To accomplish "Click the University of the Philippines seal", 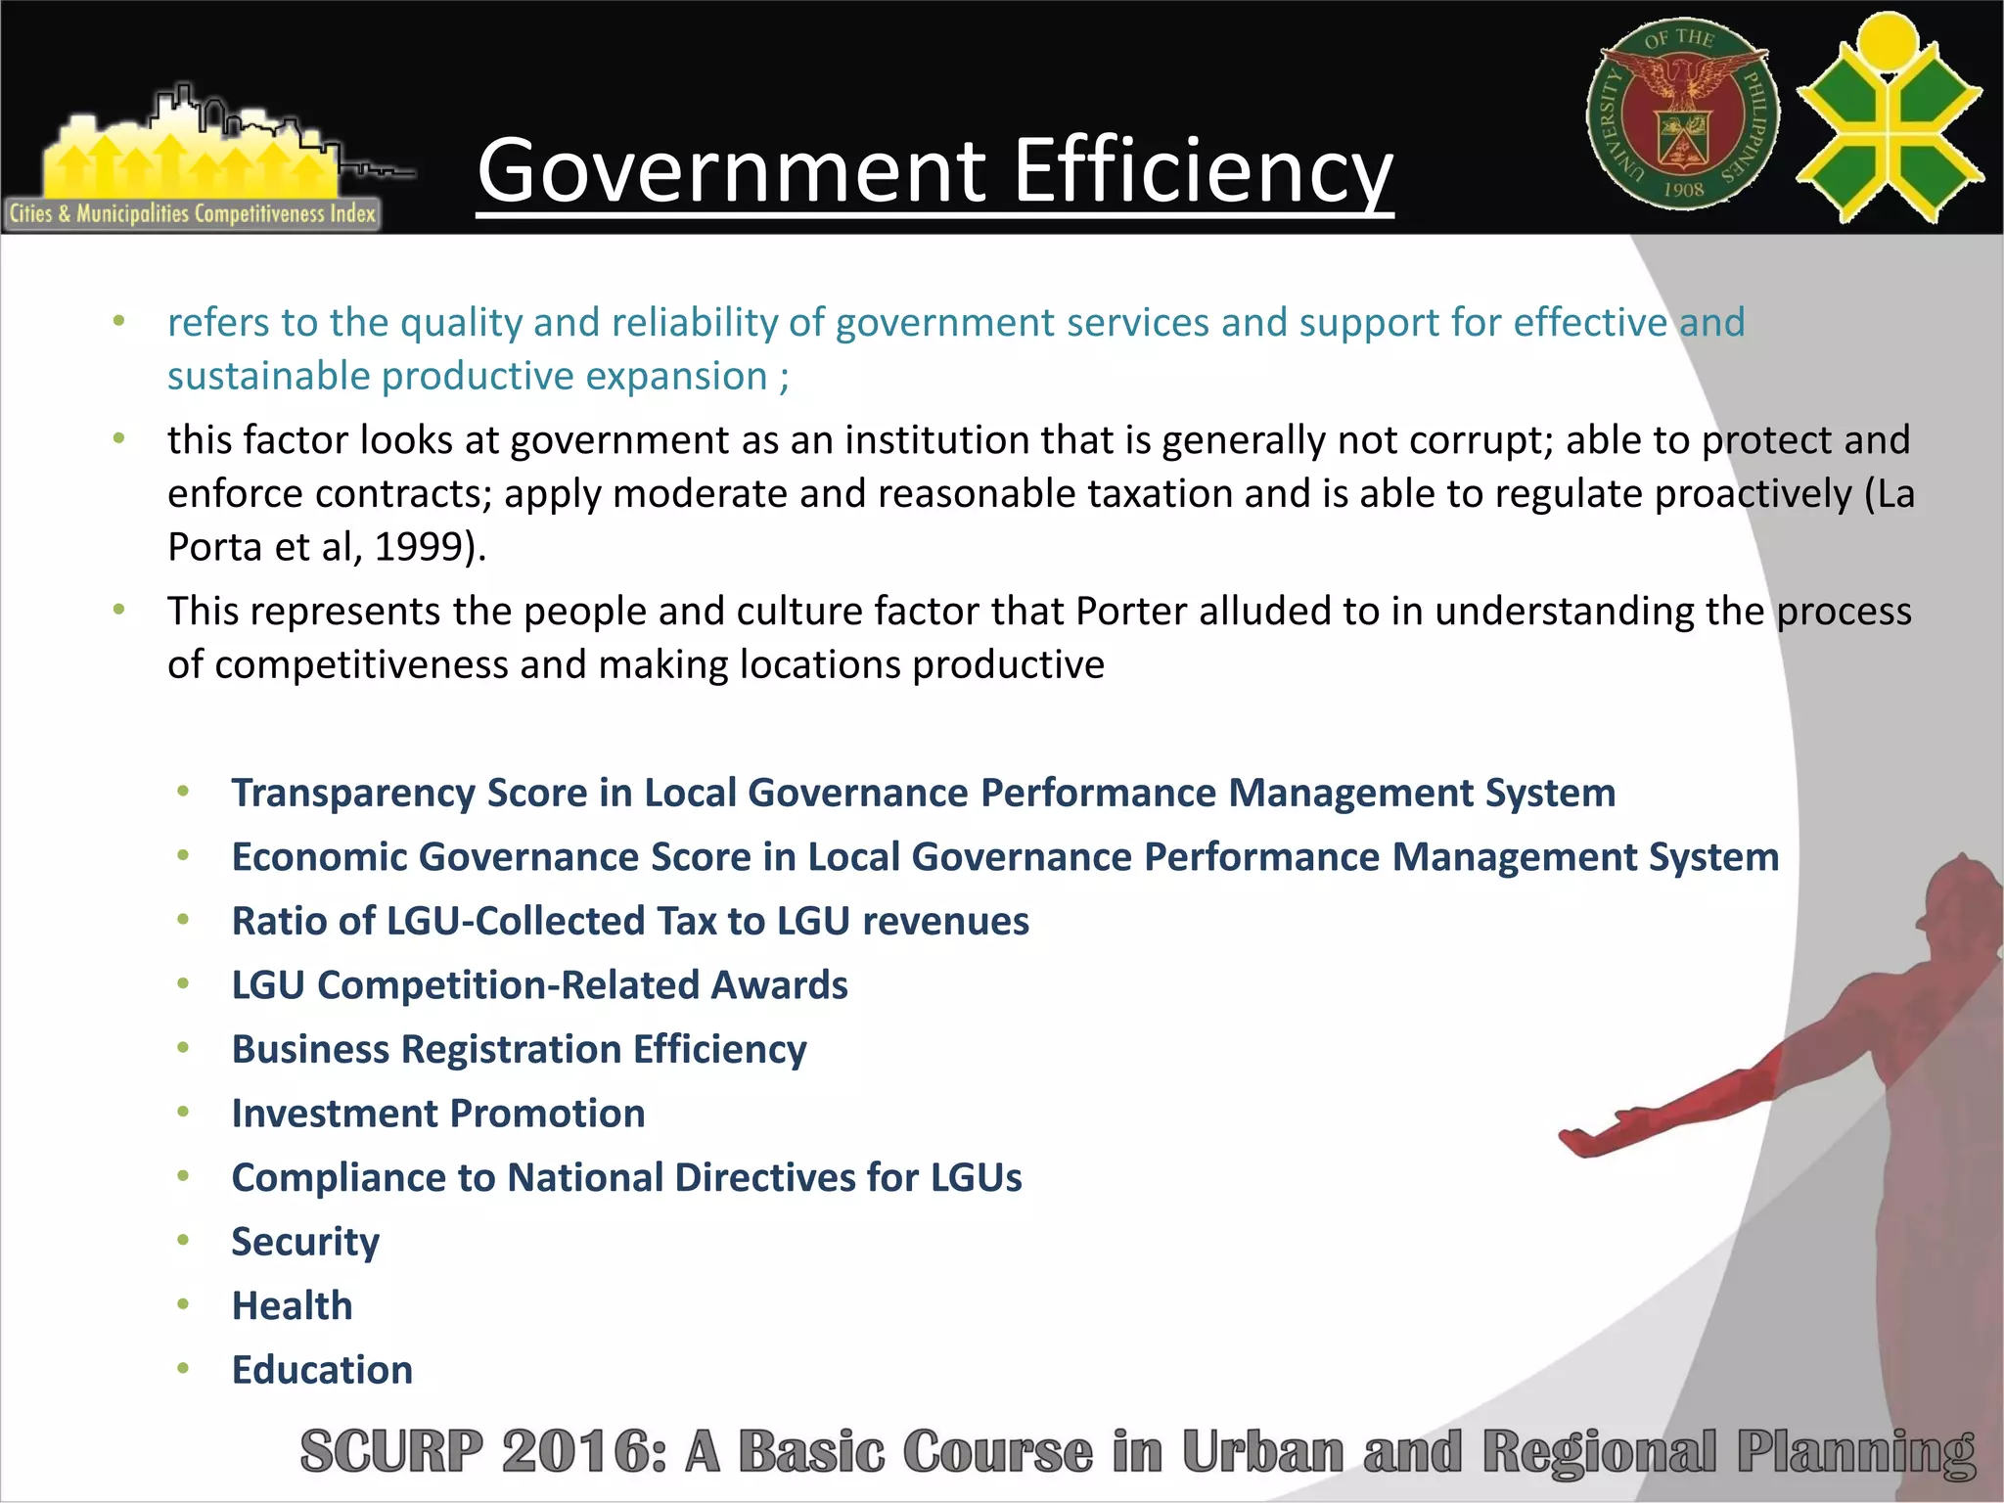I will (1683, 115).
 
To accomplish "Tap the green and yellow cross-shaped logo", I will (1890, 119).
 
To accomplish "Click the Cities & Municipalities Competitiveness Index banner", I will (193, 213).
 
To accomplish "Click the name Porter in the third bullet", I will (1131, 612).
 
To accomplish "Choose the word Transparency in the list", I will (353, 794).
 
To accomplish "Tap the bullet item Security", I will (305, 1242).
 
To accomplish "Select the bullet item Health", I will (292, 1306).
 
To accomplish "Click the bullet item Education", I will (322, 1370).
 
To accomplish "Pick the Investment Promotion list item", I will (438, 1114).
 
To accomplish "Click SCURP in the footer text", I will (391, 1451).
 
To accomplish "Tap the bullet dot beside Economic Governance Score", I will (183, 856).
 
